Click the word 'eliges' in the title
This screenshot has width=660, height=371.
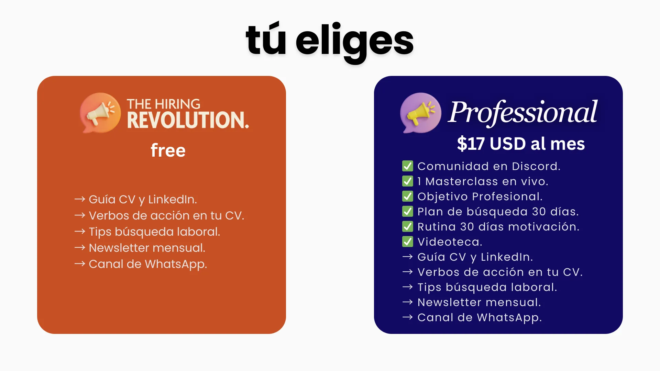point(354,42)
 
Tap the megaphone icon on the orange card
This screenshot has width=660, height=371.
point(100,113)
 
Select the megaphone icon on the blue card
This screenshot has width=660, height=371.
point(420,113)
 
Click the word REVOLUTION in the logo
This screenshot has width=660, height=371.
point(188,120)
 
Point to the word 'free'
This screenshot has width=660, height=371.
point(168,150)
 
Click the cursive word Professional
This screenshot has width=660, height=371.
point(522,112)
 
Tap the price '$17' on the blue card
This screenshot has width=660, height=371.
point(471,144)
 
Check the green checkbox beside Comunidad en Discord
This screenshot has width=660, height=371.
point(408,166)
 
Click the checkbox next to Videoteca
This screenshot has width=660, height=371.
point(408,241)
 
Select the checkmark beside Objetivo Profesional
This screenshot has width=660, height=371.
point(408,196)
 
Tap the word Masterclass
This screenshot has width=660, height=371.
point(462,181)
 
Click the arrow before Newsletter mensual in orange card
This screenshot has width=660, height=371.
point(80,248)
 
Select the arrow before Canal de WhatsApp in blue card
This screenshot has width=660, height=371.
point(408,317)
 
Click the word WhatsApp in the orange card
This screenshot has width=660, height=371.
point(176,264)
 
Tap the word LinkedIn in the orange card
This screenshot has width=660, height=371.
point(173,199)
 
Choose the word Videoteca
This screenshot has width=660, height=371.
point(450,242)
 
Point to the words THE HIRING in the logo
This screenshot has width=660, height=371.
point(163,104)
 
